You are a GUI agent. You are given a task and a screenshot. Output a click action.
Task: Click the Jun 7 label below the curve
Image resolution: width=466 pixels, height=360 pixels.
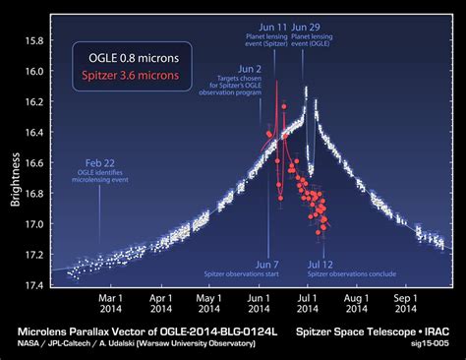tap(268, 265)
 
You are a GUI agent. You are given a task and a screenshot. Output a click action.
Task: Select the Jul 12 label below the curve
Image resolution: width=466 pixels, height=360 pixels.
tap(321, 265)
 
